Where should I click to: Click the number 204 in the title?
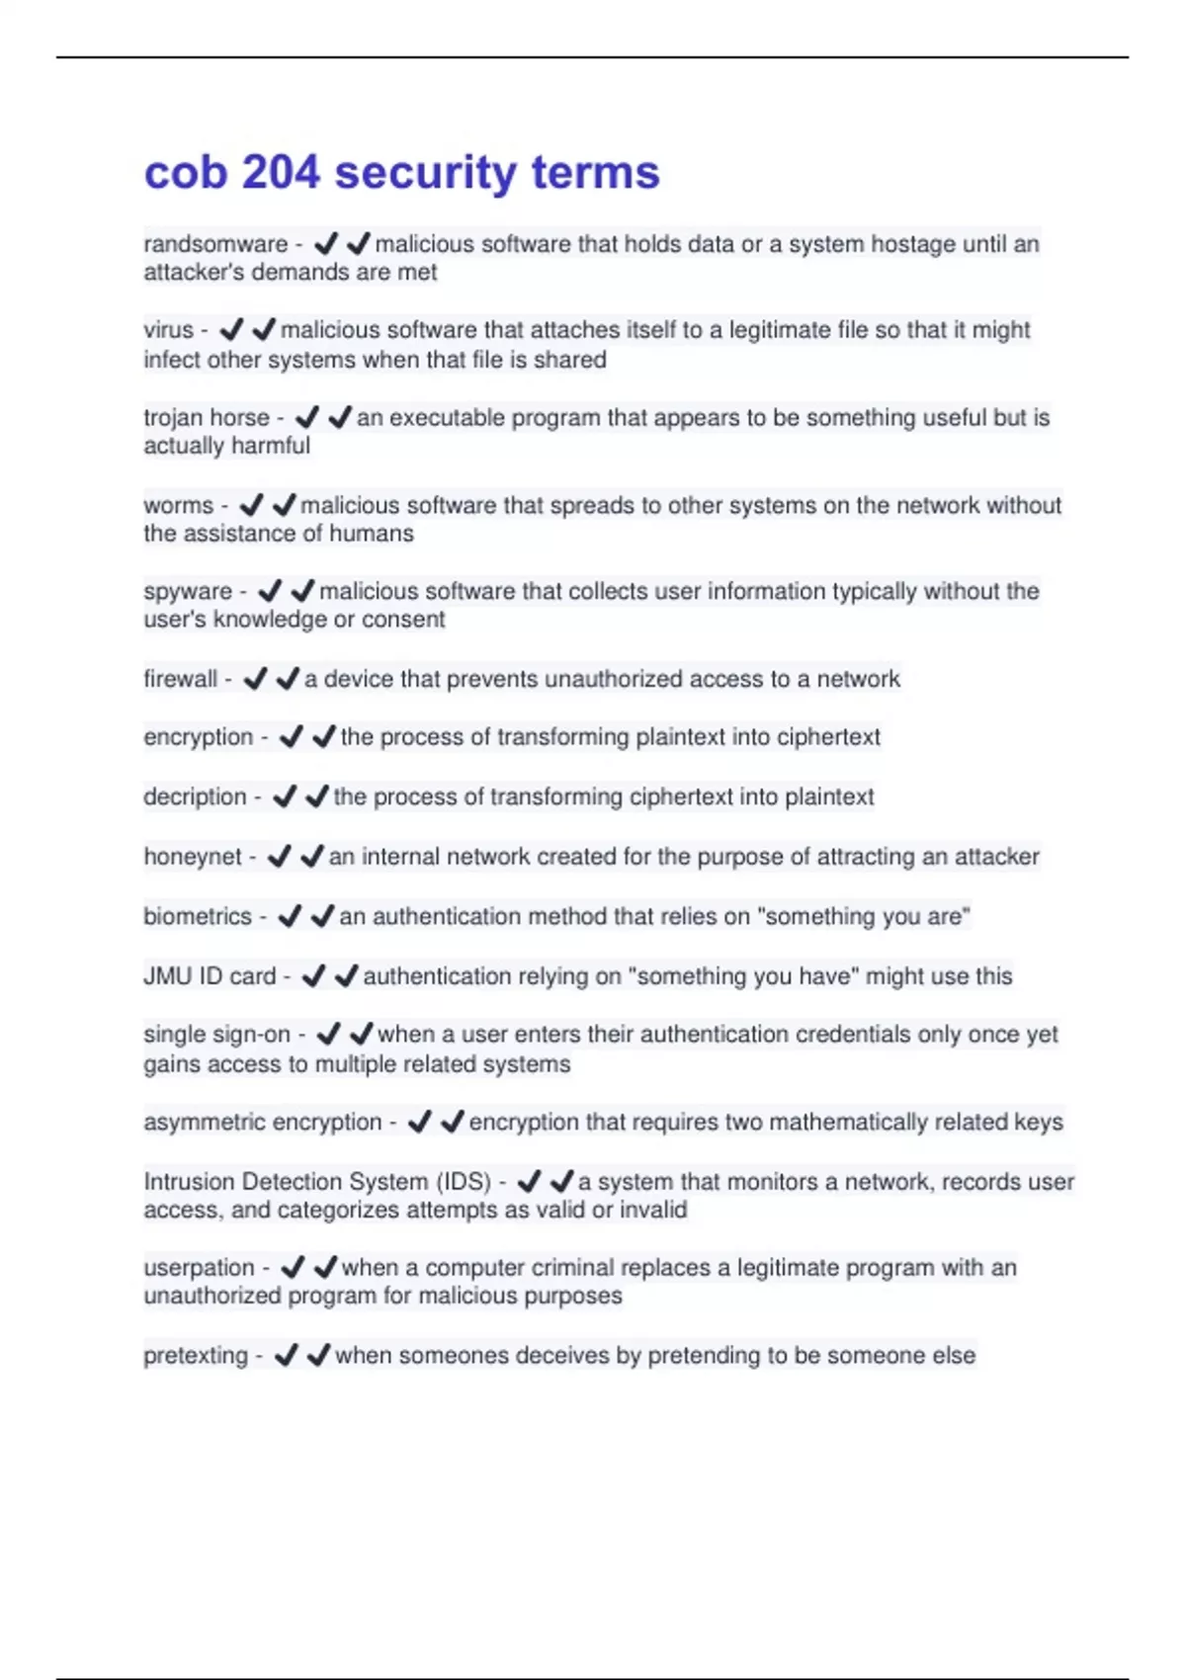(x=281, y=173)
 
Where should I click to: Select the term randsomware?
(x=215, y=244)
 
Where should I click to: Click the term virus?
(x=168, y=330)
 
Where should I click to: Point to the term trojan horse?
(x=207, y=418)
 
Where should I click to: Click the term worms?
(x=178, y=506)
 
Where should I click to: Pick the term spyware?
(x=188, y=592)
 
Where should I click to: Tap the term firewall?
(x=180, y=680)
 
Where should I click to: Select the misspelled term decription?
(x=195, y=798)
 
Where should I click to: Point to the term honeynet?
(x=192, y=857)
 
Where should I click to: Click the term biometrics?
(x=198, y=917)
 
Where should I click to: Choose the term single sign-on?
(x=216, y=1035)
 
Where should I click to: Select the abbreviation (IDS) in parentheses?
(x=464, y=1182)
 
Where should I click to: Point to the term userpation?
(x=199, y=1268)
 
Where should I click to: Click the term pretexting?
(x=196, y=1356)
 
